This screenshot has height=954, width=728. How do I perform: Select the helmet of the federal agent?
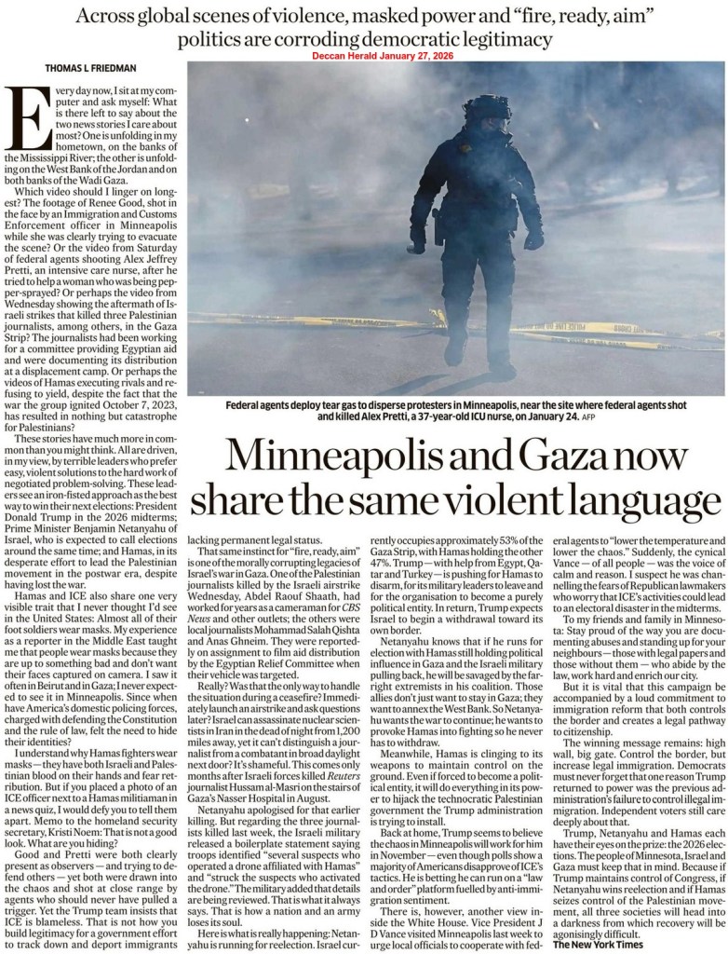(x=486, y=112)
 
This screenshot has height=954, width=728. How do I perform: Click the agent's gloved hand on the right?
(x=533, y=239)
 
